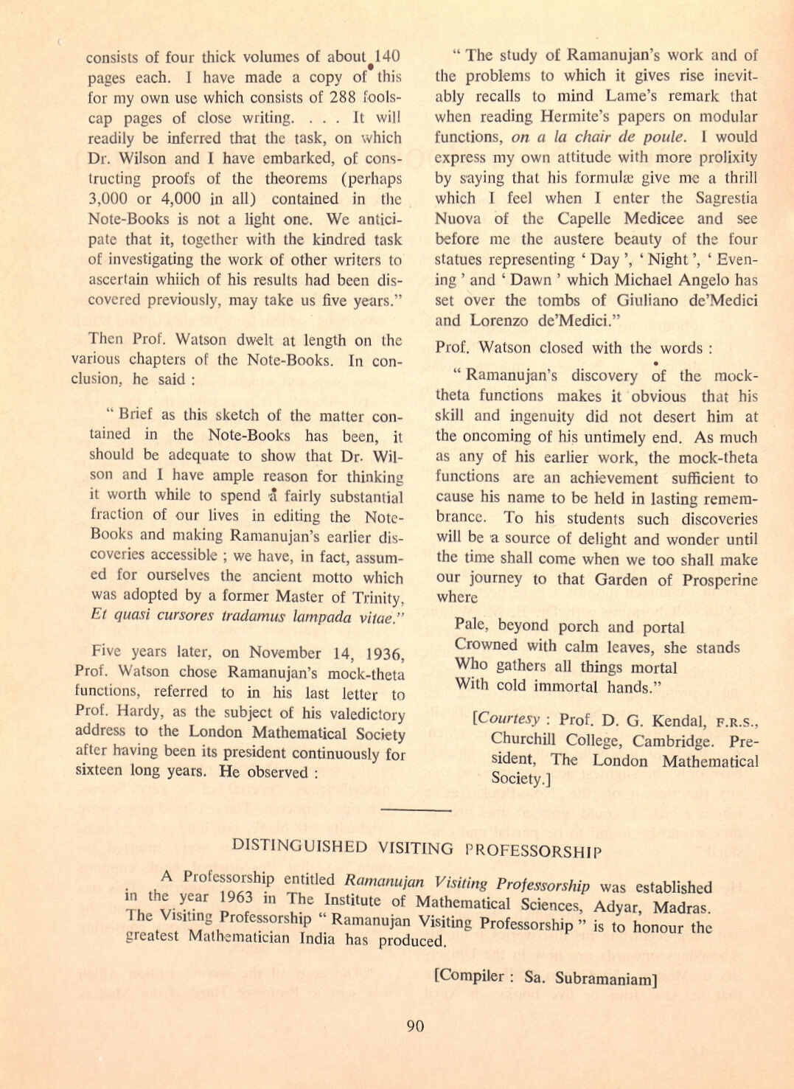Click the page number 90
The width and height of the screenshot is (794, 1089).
click(415, 1026)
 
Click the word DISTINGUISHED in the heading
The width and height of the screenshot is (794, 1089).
click(299, 846)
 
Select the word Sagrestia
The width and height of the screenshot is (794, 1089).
click(726, 198)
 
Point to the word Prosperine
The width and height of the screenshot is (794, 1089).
click(720, 580)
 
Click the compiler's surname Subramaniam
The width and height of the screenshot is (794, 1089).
click(605, 979)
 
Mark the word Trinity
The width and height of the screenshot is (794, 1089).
click(377, 596)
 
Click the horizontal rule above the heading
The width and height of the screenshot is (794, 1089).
click(416, 810)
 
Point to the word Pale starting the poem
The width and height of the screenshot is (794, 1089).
click(470, 624)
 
